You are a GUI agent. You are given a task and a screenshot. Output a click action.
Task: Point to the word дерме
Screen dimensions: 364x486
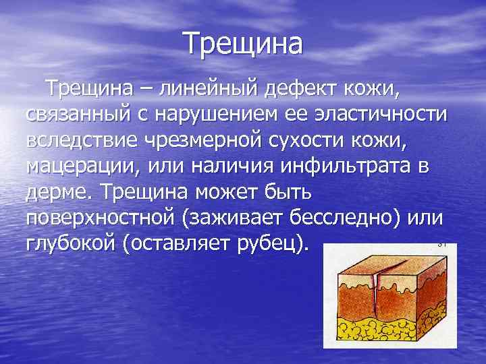60,193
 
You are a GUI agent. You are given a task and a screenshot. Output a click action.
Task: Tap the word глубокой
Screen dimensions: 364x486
70,245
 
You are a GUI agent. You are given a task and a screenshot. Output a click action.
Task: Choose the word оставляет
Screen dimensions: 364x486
183,245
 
